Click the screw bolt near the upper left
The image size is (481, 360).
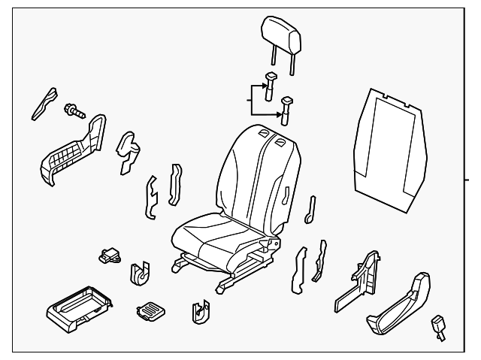74,111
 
